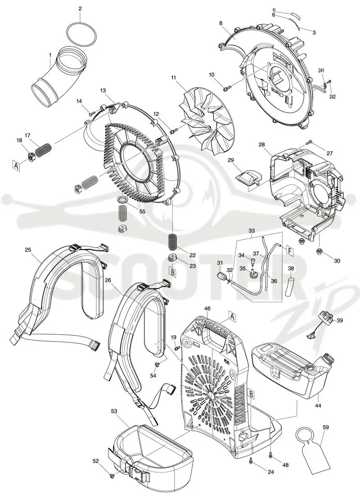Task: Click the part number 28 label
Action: click(261, 145)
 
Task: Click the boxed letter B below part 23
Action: click(173, 273)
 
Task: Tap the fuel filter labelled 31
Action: click(220, 276)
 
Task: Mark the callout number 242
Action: click(332, 97)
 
